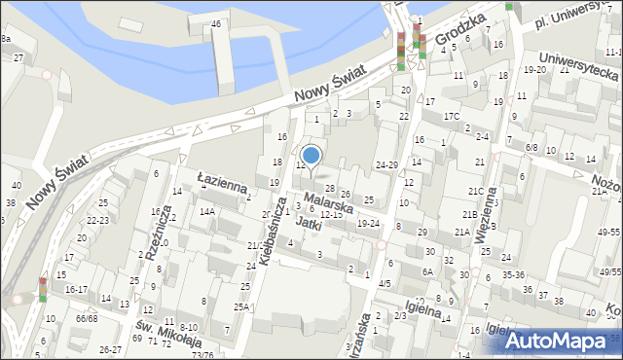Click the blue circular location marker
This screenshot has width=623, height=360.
[x=311, y=155]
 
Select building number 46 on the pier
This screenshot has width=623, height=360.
[x=216, y=23]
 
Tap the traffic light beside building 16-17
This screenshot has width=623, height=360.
[x=43, y=289]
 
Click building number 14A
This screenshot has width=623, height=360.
[x=206, y=211]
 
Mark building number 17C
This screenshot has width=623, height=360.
[x=451, y=117]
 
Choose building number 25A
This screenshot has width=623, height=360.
[x=240, y=307]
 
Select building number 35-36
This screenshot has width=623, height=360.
[x=512, y=274]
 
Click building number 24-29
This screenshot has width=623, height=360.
[x=387, y=165]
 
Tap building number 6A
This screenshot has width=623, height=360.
[x=426, y=272]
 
